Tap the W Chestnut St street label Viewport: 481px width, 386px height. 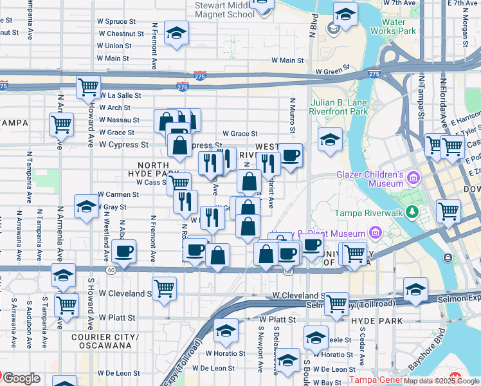[x=120, y=33]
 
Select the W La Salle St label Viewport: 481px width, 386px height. [x=120, y=95]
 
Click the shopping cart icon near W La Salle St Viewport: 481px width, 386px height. [x=88, y=87]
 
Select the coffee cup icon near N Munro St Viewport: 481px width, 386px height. [x=291, y=154]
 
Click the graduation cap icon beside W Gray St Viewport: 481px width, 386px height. [x=86, y=206]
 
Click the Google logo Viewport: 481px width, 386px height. [x=21, y=378]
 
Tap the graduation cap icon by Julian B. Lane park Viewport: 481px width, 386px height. [x=330, y=138]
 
